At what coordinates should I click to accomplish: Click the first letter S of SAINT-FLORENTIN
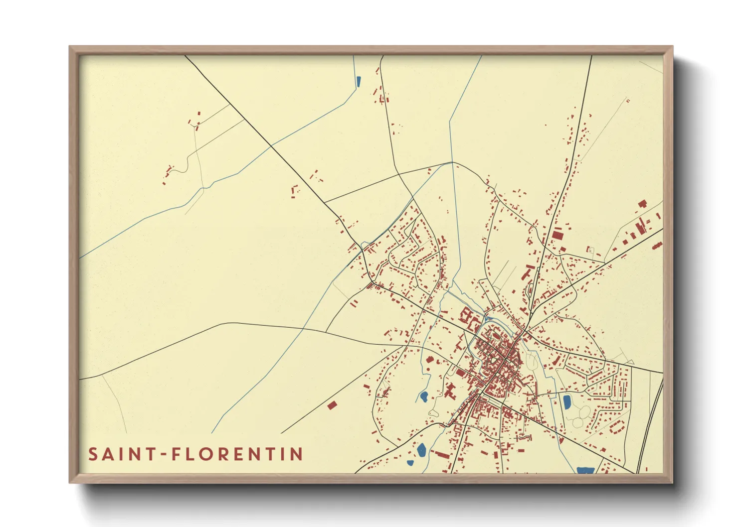[x=93, y=454]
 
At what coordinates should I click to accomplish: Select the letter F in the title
[x=176, y=454]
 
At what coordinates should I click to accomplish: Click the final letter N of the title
[x=298, y=454]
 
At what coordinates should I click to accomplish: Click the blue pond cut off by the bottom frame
[x=584, y=470]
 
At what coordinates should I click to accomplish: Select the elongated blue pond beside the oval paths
[x=567, y=401]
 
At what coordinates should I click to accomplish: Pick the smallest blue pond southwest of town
[x=410, y=463]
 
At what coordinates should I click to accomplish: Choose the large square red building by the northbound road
[x=557, y=234]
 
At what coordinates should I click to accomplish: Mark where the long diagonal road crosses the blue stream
[x=272, y=145]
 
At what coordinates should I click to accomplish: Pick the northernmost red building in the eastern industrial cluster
[x=642, y=203]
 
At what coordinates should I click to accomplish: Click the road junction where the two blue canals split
[x=452, y=162]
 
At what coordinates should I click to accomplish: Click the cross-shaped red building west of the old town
[x=451, y=391]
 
